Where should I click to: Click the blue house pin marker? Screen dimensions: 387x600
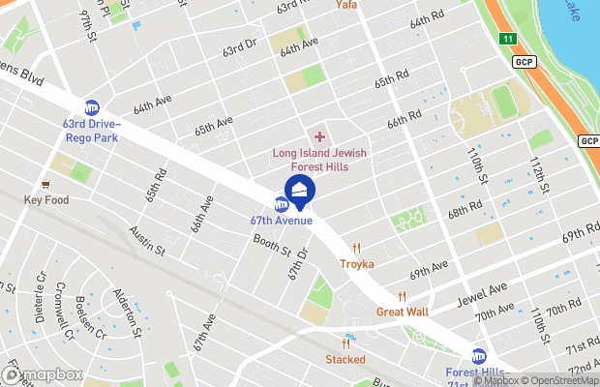click(x=300, y=190)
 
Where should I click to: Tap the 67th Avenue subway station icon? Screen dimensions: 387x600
click(x=282, y=204)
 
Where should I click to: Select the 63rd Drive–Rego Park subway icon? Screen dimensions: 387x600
click(x=92, y=107)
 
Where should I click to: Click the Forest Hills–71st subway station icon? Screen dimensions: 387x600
click(x=479, y=356)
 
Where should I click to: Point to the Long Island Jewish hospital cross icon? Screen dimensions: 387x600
click(x=320, y=136)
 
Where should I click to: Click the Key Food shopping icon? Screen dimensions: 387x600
click(x=45, y=184)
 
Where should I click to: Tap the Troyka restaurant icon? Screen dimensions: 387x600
click(x=357, y=248)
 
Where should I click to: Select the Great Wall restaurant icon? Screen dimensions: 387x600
click(x=403, y=296)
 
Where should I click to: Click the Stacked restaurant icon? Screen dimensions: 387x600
click(x=345, y=343)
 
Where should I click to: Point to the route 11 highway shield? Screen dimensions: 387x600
click(x=508, y=39)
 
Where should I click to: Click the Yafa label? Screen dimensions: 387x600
click(x=347, y=5)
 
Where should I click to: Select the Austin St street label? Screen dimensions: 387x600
click(x=148, y=242)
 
